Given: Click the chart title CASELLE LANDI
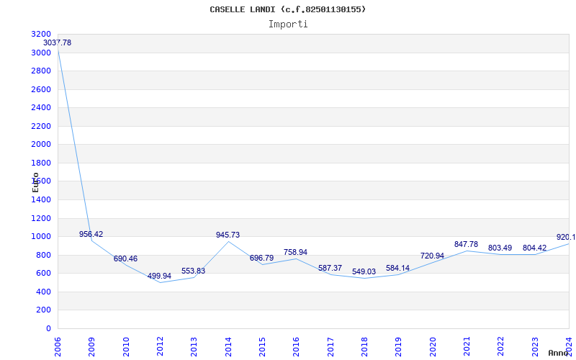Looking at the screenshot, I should tap(287, 9).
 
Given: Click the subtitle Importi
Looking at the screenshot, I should tap(288, 24).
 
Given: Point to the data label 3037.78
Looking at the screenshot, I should tap(58, 43).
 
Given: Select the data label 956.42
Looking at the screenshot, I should tap(91, 235).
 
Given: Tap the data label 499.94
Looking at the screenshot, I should tap(159, 276).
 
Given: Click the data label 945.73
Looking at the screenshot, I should tap(228, 235).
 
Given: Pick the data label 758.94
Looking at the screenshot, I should tap(295, 253).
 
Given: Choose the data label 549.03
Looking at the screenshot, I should tap(364, 272).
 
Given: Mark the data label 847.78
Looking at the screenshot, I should tap(466, 245).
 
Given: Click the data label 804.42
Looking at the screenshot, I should tap(534, 248).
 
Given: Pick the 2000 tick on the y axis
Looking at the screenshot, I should tap(42, 145).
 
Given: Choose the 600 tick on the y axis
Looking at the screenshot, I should tap(44, 274).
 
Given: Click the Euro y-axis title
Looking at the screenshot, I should tap(35, 181).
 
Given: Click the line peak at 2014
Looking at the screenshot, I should tap(228, 241).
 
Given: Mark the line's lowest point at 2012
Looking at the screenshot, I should tap(160, 282).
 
